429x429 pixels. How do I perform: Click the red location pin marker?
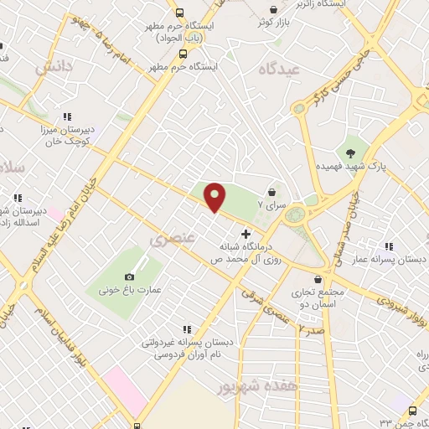tap(215, 197)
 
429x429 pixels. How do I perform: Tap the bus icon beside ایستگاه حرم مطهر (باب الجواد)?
tap(180, 13)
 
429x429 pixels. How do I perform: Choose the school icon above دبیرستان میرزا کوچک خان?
tap(67, 116)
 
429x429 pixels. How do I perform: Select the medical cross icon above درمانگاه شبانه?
tap(246, 234)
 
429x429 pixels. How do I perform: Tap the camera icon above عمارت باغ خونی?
tap(129, 277)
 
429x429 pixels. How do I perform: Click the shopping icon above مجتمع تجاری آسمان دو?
tap(317, 280)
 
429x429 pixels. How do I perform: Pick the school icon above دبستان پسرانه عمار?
tap(388, 246)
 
